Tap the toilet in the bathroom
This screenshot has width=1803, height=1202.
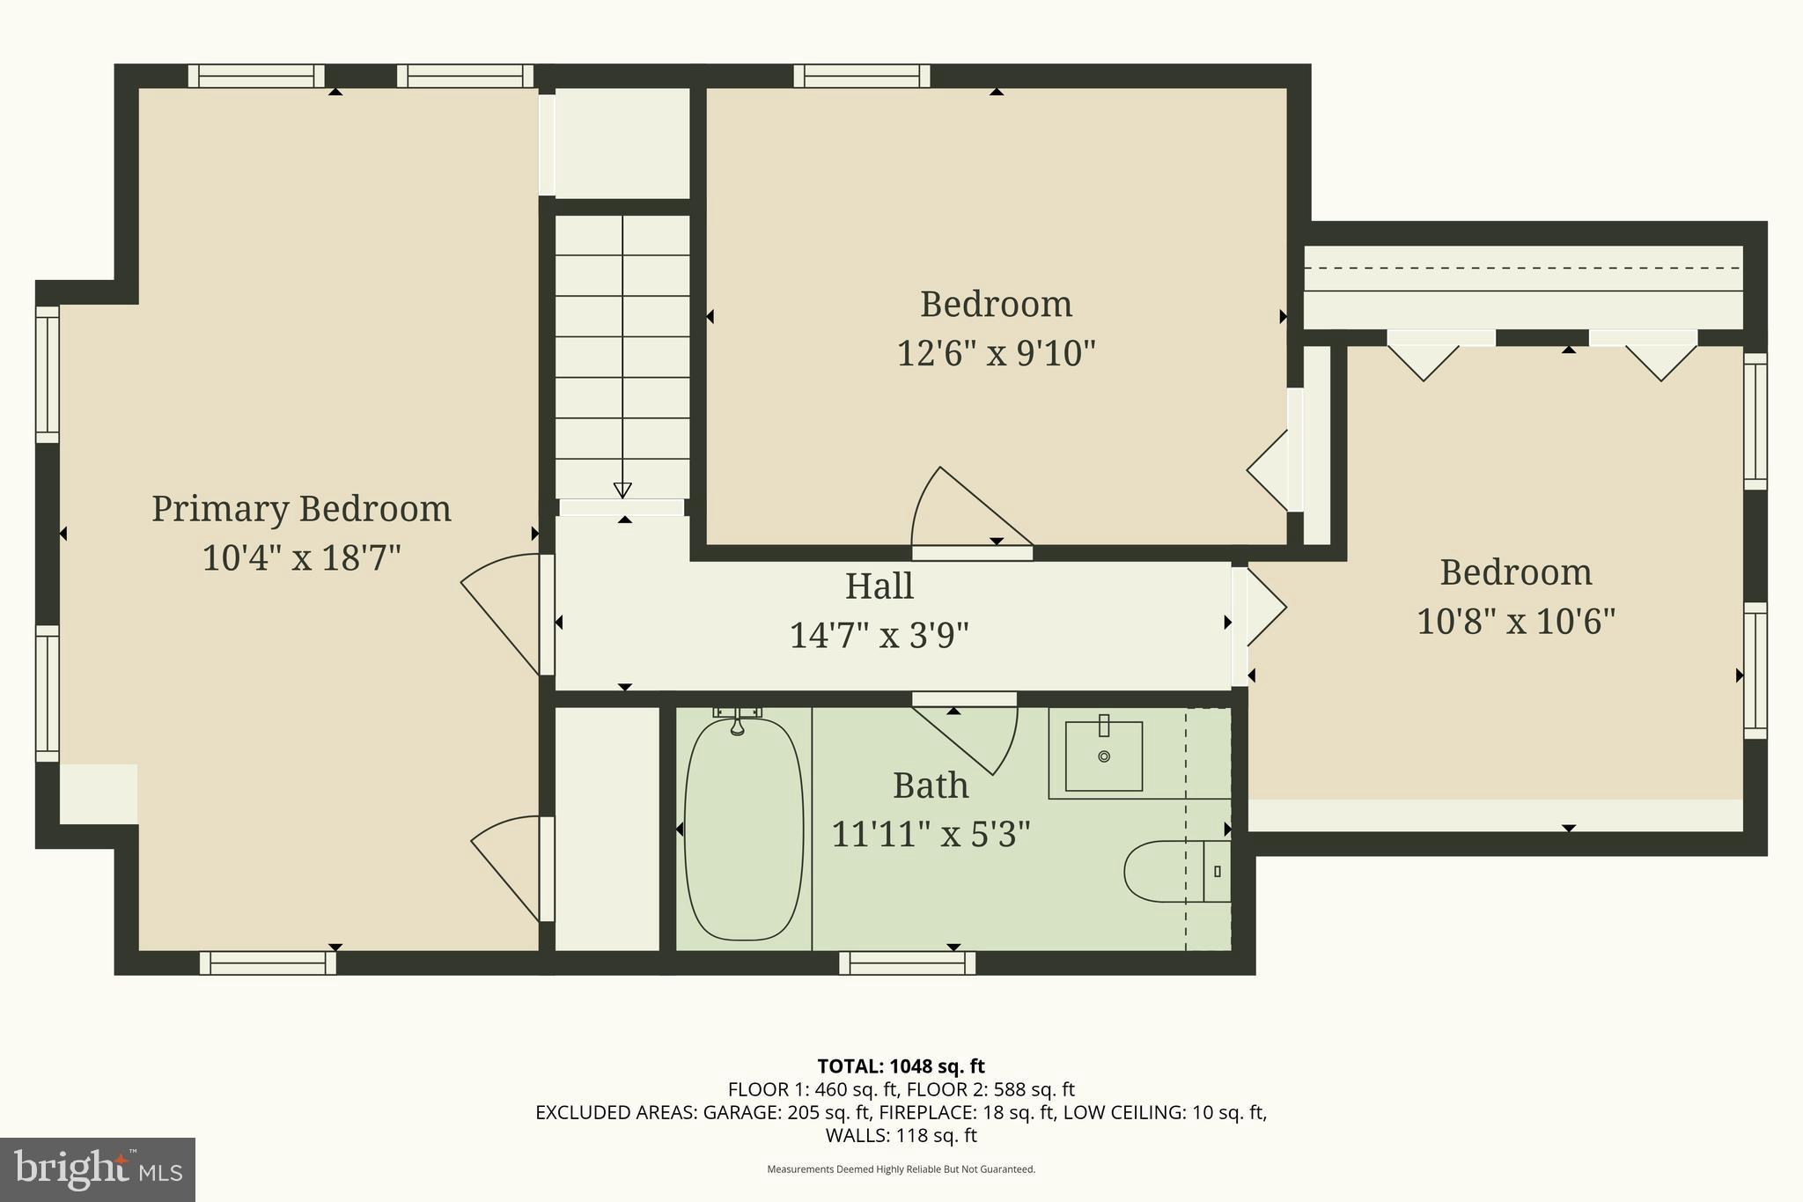tap(1166, 871)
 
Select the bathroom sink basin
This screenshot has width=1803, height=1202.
tap(1103, 756)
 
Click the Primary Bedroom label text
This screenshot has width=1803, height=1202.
tap(301, 509)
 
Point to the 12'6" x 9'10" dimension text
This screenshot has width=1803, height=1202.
tap(996, 354)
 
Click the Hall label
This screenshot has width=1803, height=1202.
tap(879, 586)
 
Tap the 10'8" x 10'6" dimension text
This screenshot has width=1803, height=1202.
tap(1515, 622)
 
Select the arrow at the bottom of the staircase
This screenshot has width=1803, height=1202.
tap(622, 490)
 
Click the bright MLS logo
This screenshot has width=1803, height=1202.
tap(98, 1169)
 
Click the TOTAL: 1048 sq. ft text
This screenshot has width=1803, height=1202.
tap(901, 1066)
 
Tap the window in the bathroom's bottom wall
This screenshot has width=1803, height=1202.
tap(907, 963)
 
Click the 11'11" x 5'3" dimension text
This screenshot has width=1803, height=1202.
tap(931, 834)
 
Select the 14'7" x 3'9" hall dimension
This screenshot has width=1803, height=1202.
tap(879, 635)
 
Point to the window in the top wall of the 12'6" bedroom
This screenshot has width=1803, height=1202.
tap(862, 76)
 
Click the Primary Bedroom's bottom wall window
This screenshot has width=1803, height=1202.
tap(268, 963)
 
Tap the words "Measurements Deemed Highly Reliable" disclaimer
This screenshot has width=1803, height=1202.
tap(901, 1169)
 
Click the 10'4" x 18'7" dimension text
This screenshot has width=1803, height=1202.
tap(301, 558)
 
